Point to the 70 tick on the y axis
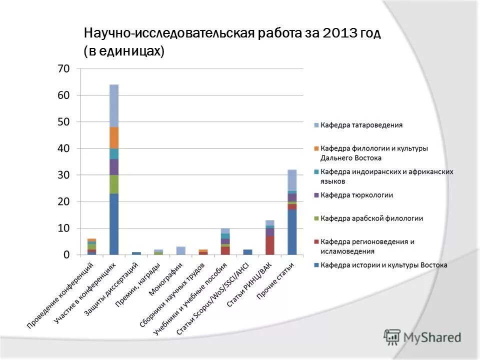[63, 68]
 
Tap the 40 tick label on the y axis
[63, 148]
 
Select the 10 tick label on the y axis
[63, 228]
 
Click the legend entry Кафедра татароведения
[361, 125]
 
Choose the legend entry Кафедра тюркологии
[356, 195]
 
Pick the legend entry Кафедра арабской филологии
[371, 218]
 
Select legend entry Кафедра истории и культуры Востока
[383, 265]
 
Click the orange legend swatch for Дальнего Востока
[316, 148]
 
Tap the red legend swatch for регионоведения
[316, 242]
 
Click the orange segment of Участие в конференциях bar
[114, 137]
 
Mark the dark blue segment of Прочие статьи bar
[292, 232]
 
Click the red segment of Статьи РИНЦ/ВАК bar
[270, 245]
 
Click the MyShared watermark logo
[423, 337]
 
